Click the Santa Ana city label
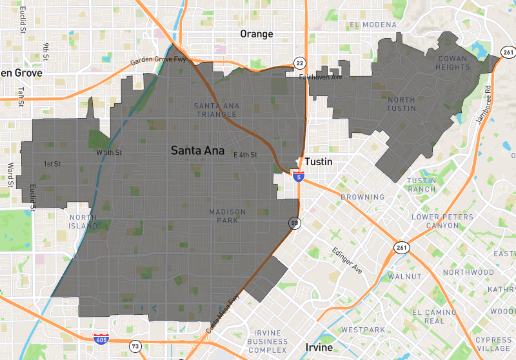pos(197,150)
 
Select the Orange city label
pos(256,34)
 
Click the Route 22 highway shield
pos(300,63)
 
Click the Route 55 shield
pos(293,223)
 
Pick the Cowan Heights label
pos(452,63)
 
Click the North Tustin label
pos(401,104)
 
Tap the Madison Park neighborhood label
pos(228,216)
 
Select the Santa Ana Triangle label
pos(215,110)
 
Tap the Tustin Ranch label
pos(422,185)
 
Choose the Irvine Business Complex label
pos(268,341)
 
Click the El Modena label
pos(373,25)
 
